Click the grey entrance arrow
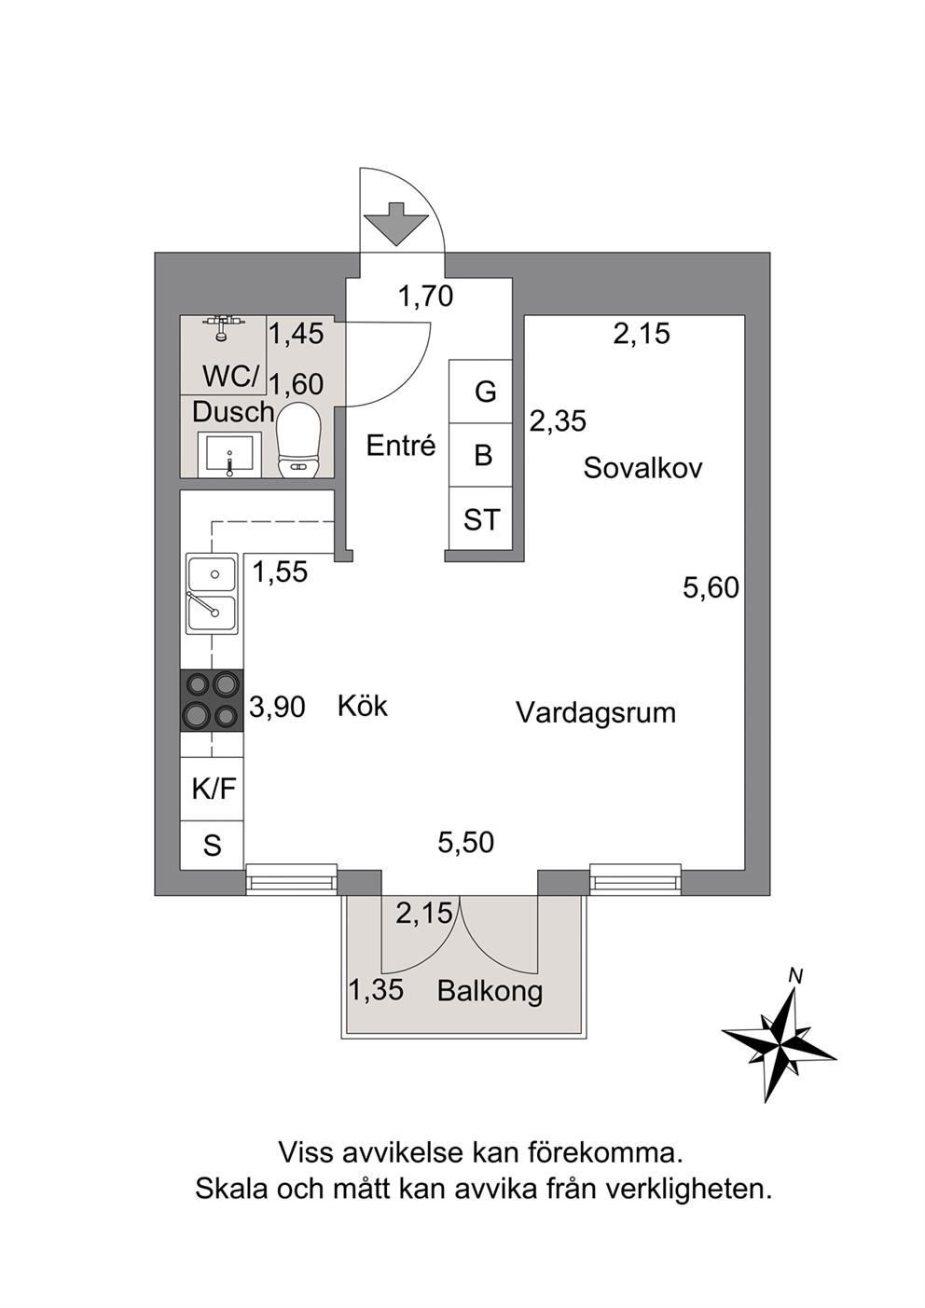click(x=395, y=223)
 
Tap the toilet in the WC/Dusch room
click(x=298, y=440)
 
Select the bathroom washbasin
click(x=228, y=454)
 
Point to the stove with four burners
click(x=212, y=700)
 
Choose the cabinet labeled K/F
click(x=212, y=789)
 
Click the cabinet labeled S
click(x=212, y=845)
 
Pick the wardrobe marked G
click(x=480, y=392)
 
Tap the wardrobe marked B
click(x=480, y=455)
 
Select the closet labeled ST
click(x=480, y=518)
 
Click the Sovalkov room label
click(x=643, y=468)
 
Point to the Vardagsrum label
click(x=596, y=713)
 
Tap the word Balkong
click(x=490, y=991)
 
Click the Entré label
click(x=401, y=446)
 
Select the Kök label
click(x=363, y=706)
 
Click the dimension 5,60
click(x=711, y=588)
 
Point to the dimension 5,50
click(x=466, y=843)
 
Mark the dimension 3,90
click(x=277, y=707)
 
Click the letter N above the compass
click(x=795, y=975)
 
